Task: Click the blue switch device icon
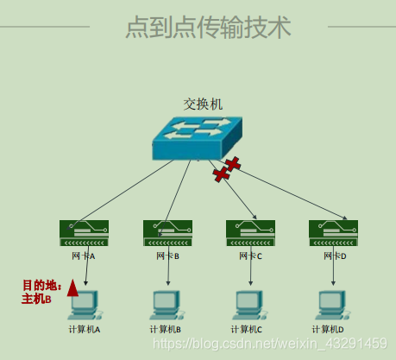198,138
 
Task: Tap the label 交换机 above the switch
203,104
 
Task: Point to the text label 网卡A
84,256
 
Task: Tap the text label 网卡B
167,256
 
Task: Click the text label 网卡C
250,256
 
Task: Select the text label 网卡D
334,256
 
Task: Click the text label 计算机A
85,329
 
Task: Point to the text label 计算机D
330,329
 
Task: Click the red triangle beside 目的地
72,288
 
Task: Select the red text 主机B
37,299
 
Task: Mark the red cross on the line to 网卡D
231,163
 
